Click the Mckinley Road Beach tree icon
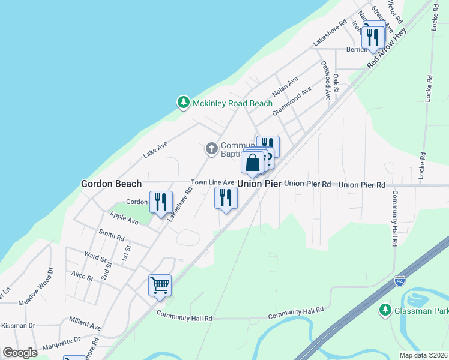183,103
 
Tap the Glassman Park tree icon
385,310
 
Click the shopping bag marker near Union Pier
253,163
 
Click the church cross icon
211,148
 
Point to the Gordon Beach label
111,184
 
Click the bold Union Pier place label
259,184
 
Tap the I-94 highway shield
400,281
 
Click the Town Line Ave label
212,182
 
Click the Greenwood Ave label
292,101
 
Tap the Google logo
20,352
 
